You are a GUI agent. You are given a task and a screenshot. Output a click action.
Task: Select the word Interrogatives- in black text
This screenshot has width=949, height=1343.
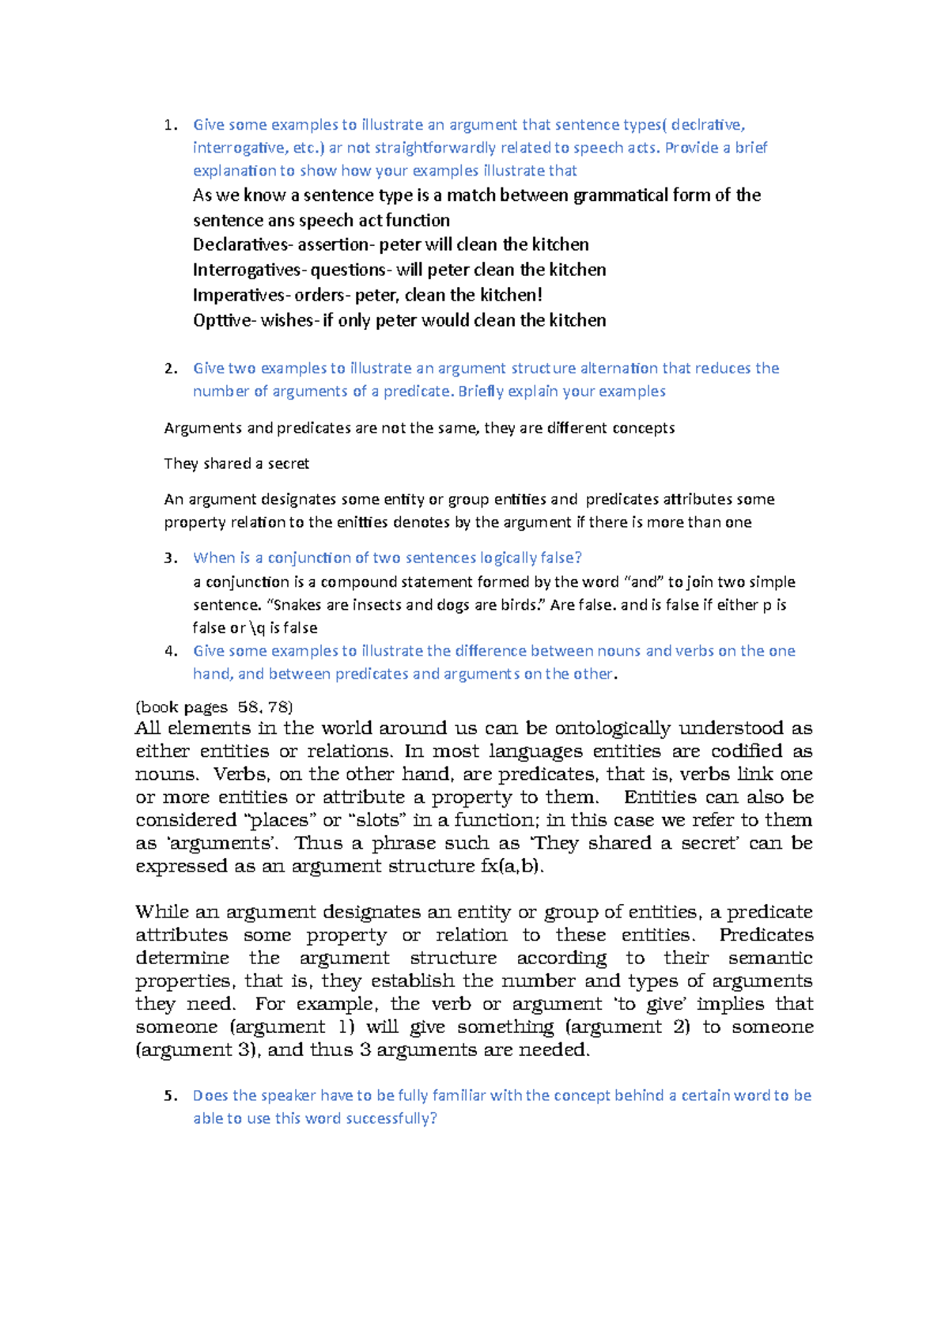click(248, 270)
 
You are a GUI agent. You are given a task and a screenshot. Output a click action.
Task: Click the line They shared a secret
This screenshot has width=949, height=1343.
click(236, 463)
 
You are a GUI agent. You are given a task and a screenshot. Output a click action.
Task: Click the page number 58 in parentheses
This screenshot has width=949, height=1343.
click(249, 708)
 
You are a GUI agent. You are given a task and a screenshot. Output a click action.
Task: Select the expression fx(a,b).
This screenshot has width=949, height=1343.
click(512, 866)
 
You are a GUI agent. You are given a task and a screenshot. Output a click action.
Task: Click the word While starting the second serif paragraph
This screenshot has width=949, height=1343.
click(161, 913)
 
